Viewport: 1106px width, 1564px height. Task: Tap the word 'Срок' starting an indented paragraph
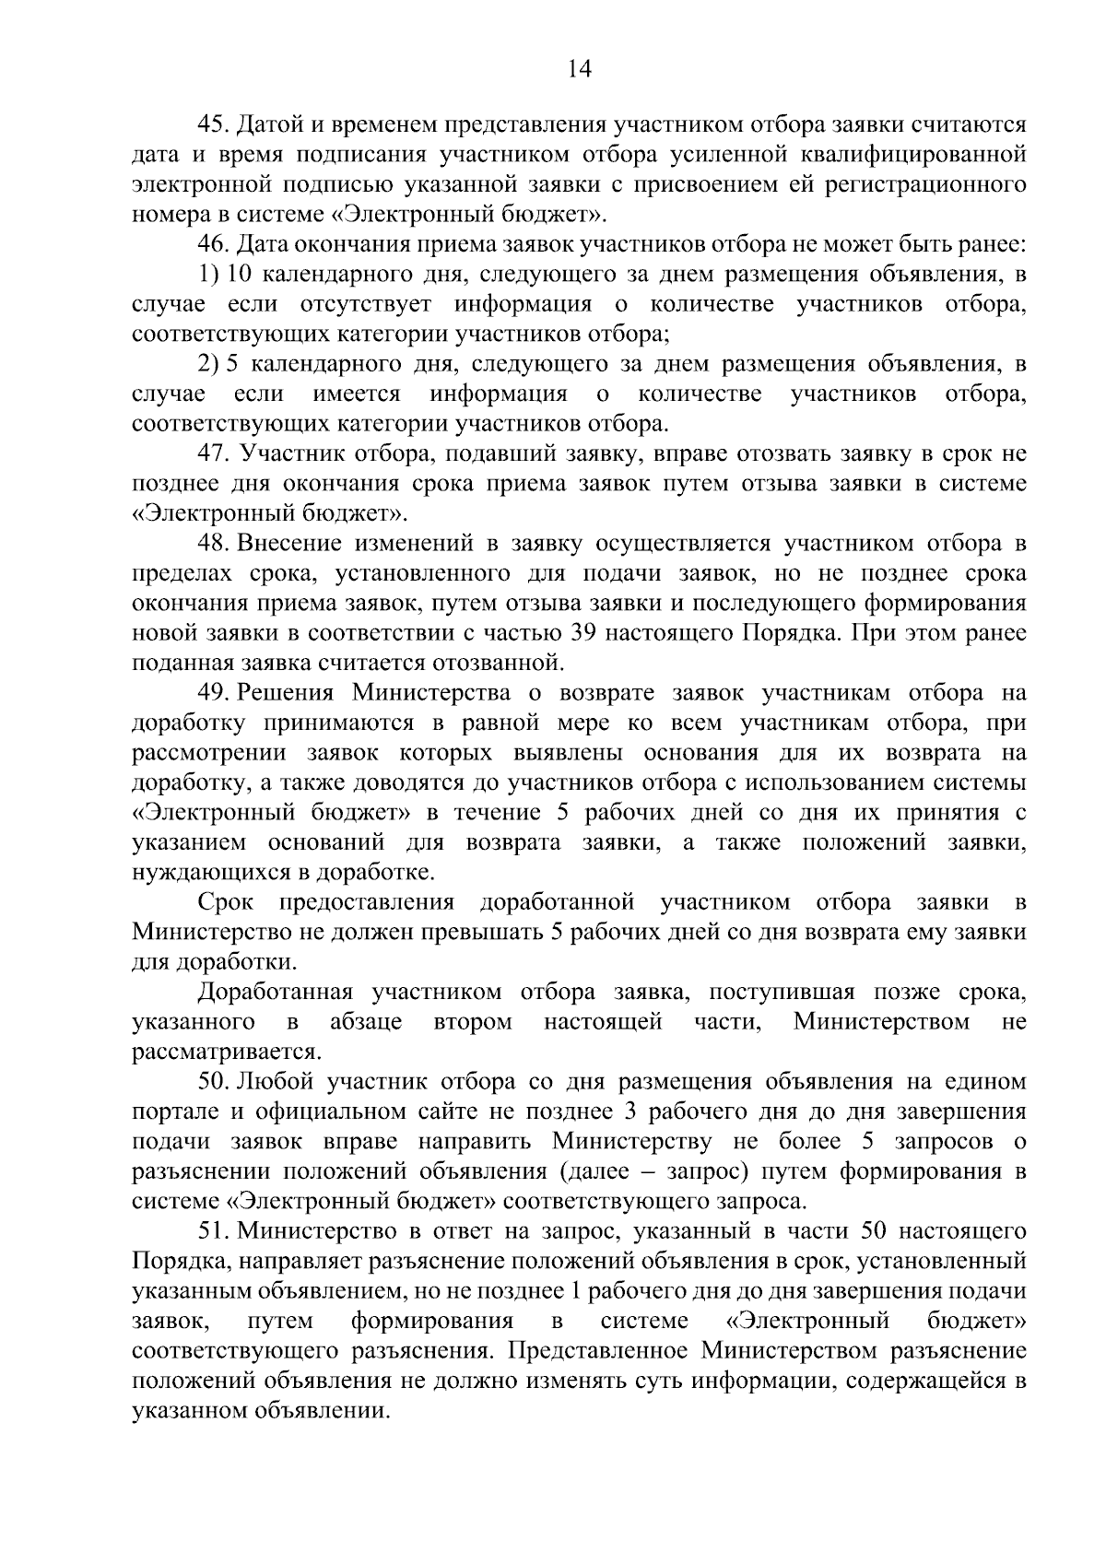(226, 902)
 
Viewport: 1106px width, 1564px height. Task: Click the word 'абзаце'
(365, 1022)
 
